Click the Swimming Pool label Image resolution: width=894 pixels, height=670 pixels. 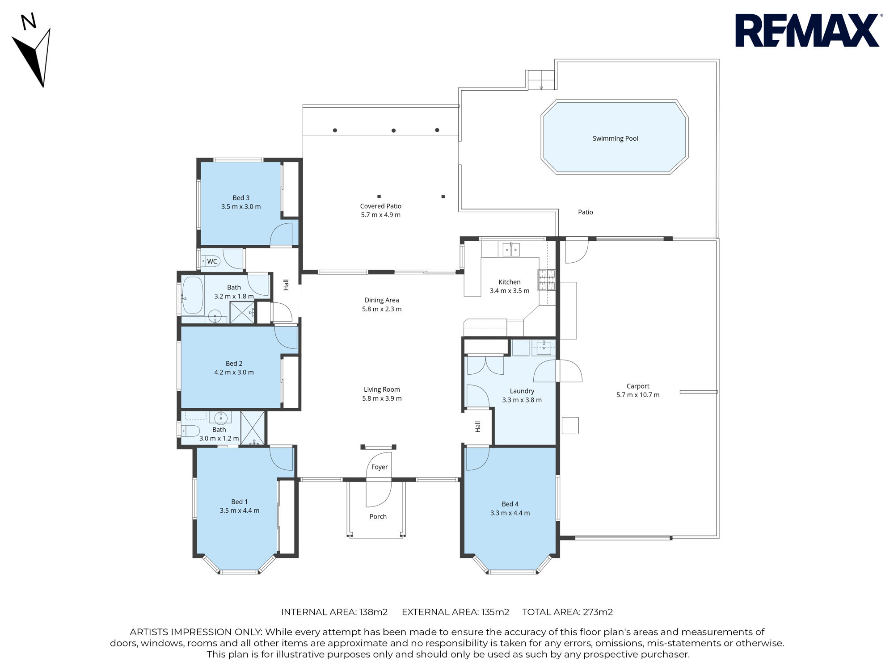click(x=615, y=138)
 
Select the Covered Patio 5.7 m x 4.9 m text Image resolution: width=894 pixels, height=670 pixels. click(x=381, y=210)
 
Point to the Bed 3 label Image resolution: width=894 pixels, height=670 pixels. click(x=241, y=198)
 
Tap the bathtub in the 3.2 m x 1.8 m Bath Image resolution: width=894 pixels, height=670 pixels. click(x=193, y=295)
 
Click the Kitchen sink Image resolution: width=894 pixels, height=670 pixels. click(x=511, y=249)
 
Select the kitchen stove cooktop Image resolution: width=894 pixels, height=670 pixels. click(x=546, y=280)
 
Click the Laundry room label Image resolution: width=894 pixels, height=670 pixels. click(x=522, y=391)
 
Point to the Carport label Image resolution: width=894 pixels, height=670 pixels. click(x=638, y=386)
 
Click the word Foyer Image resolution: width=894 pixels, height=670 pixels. click(x=380, y=467)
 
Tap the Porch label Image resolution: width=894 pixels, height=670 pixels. click(x=378, y=516)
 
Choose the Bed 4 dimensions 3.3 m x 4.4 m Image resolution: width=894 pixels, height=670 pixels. click(x=510, y=513)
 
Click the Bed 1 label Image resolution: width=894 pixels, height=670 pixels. click(x=239, y=502)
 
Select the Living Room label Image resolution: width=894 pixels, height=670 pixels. click(x=382, y=389)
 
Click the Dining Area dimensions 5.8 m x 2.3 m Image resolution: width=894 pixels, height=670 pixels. click(x=382, y=309)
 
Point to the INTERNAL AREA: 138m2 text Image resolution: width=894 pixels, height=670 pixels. click(x=334, y=612)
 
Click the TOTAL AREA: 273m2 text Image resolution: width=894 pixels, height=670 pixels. click(x=568, y=612)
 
